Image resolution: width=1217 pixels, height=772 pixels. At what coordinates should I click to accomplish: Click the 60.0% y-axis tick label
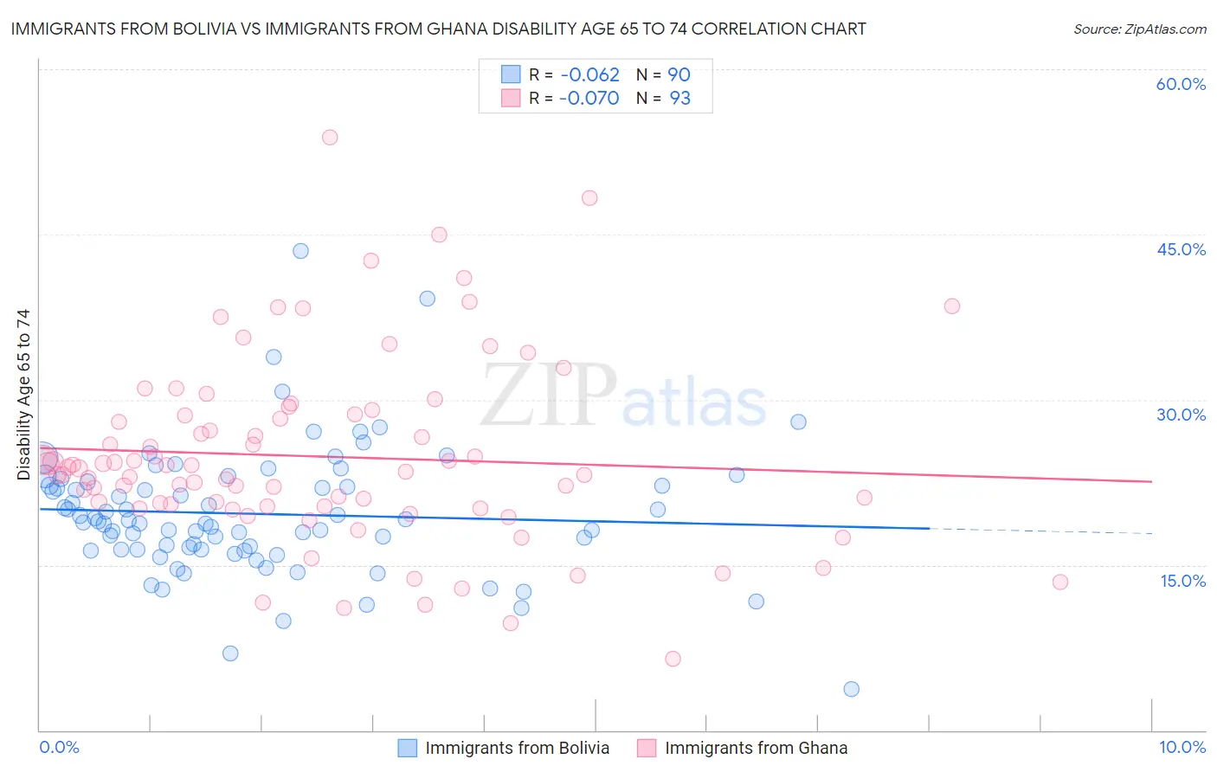(x=1181, y=84)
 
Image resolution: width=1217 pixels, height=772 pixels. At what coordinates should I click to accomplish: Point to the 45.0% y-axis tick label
(x=1181, y=249)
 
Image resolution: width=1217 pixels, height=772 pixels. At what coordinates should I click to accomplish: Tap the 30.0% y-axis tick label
(x=1181, y=415)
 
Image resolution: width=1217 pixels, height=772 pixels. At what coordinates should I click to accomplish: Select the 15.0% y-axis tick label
(x=1182, y=581)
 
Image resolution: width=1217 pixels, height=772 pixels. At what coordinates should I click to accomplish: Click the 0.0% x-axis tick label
(x=59, y=747)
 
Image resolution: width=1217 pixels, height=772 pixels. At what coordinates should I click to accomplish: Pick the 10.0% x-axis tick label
(x=1182, y=747)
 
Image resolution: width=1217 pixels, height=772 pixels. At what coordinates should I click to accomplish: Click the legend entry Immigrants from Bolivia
(x=517, y=748)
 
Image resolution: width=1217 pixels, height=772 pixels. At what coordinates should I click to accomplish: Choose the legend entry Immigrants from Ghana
(x=756, y=748)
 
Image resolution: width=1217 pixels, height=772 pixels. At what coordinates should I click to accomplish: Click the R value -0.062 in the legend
(x=589, y=74)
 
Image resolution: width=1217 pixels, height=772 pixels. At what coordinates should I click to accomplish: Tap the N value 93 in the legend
(x=679, y=99)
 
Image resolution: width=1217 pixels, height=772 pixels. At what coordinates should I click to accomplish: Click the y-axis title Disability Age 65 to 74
(x=23, y=395)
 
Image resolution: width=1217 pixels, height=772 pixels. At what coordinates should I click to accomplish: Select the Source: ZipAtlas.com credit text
(x=1139, y=29)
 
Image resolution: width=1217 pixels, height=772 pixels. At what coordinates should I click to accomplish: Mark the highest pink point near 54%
(x=330, y=137)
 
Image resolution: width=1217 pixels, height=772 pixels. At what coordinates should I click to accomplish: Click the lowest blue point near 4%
(x=851, y=689)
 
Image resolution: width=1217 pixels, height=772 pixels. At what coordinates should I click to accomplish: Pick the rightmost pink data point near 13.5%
(x=1060, y=582)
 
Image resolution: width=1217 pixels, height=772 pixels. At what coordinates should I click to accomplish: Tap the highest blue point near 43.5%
(x=300, y=251)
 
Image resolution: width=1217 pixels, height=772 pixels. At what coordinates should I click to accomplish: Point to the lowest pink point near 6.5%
(x=673, y=659)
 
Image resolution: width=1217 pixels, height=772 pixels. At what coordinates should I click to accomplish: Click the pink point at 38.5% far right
(x=952, y=306)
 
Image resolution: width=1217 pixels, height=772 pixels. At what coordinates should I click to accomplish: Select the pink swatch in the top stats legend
(x=511, y=99)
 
